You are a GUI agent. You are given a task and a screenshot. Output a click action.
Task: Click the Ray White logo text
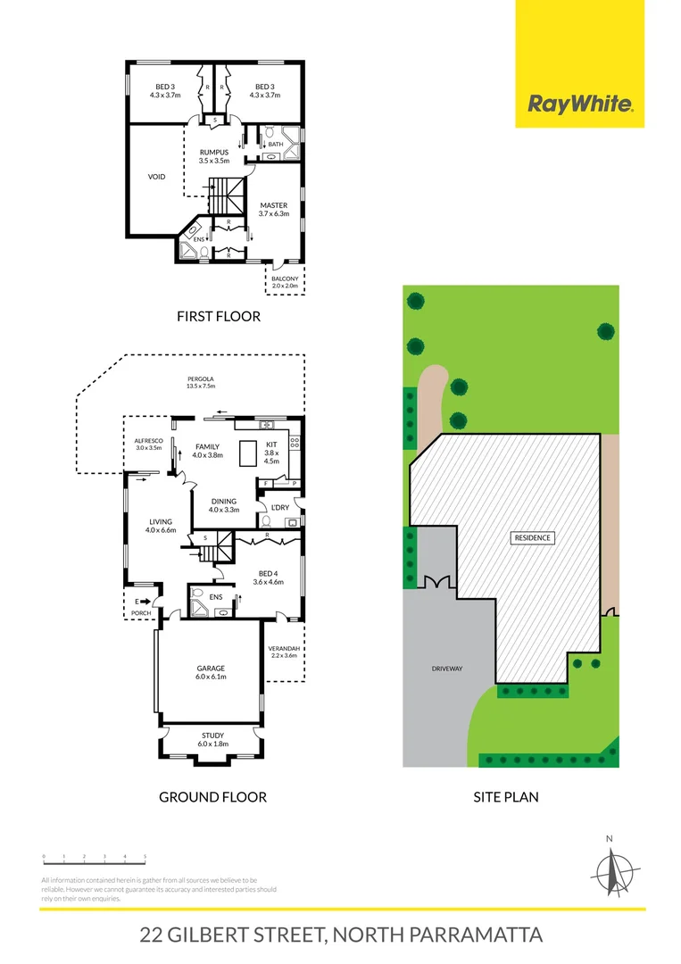(580, 104)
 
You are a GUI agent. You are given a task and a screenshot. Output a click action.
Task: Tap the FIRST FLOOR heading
(218, 316)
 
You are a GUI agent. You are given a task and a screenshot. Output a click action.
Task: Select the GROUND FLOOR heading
(212, 796)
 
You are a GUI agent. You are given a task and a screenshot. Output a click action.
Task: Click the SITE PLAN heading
(506, 796)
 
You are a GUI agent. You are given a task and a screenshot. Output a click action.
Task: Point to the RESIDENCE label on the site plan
(532, 538)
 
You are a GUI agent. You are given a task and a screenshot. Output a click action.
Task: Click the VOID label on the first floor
(157, 177)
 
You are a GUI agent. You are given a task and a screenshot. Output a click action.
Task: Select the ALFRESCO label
(148, 444)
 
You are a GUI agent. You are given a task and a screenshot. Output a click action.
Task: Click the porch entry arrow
(144, 601)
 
